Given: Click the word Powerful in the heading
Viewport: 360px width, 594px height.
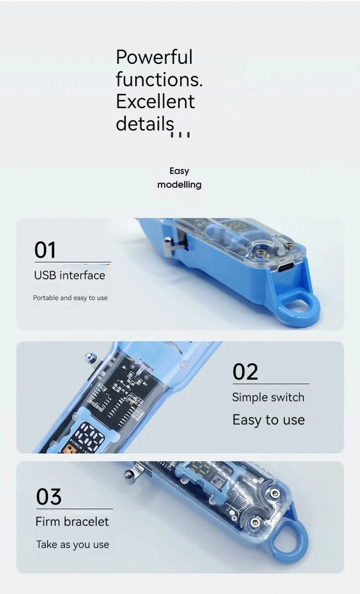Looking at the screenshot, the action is coord(154,58).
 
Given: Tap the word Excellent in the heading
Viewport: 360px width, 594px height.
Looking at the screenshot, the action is coord(155,102).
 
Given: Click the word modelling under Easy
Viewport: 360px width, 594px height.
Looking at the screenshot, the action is coord(179,184).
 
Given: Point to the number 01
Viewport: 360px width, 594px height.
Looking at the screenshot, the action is coord(45,250).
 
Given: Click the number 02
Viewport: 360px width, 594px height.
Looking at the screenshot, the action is coord(245,372).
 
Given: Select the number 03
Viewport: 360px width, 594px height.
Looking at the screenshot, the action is coord(48,497).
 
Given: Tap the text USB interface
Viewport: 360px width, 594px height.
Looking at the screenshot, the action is coord(70,275).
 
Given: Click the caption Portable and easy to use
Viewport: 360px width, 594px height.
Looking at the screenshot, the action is coord(70,298).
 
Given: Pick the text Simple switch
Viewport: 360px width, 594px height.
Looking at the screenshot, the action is coord(268,397).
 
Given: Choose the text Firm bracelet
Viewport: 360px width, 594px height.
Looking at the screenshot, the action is coord(73,521).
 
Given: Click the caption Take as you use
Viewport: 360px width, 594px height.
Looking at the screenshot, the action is coord(73,544).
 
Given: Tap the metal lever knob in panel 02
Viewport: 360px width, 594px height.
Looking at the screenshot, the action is coord(90,357).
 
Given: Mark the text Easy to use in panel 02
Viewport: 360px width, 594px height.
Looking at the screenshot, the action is coord(269,420).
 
